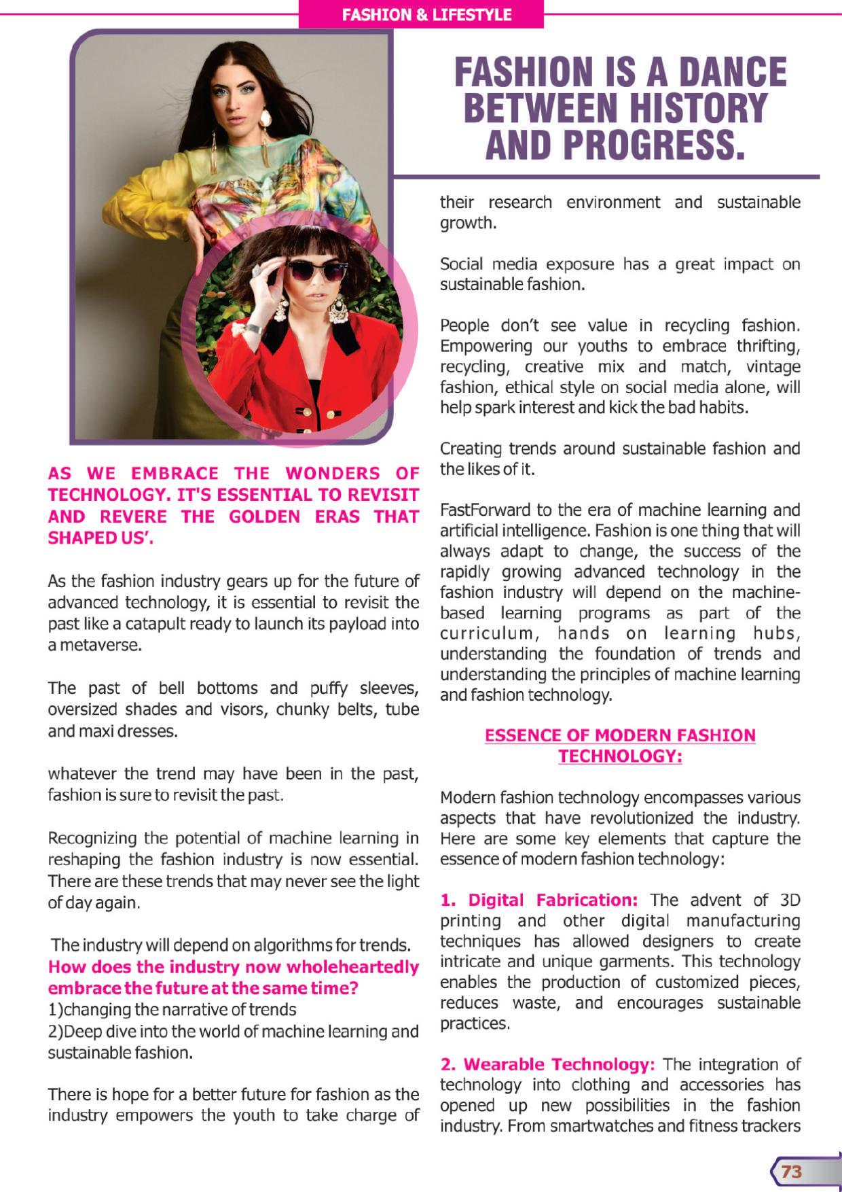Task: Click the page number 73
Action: pyautogui.click(x=792, y=1171)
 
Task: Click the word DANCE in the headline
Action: pyautogui.click(x=731, y=73)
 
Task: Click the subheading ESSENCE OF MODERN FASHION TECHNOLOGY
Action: pyautogui.click(x=620, y=745)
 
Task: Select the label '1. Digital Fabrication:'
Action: pyautogui.click(x=539, y=900)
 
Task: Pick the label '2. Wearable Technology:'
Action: pyautogui.click(x=548, y=1064)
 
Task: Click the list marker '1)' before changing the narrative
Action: pyautogui.click(x=55, y=1009)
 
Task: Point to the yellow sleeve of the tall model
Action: pyautogui.click(x=146, y=197)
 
